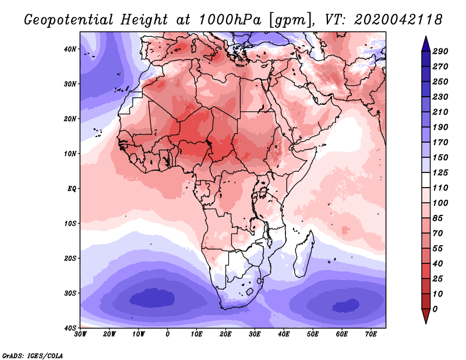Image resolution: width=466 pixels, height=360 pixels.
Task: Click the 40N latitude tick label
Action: tap(70, 49)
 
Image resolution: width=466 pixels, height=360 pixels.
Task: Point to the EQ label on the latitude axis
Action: tap(72, 189)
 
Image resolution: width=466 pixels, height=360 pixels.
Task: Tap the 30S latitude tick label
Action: tap(70, 293)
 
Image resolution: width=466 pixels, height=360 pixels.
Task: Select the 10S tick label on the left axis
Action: tap(70, 223)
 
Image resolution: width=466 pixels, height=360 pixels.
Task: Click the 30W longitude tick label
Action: tap(80, 334)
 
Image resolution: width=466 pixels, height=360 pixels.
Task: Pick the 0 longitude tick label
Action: tap(168, 334)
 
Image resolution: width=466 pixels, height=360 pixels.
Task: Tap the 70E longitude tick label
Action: tap(370, 334)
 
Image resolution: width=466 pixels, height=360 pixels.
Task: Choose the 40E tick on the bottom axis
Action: tap(284, 334)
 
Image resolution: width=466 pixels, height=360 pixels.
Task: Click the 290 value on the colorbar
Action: tap(440, 51)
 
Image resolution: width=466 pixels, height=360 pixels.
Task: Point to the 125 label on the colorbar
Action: tap(440, 172)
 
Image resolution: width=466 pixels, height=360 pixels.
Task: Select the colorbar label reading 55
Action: tap(438, 249)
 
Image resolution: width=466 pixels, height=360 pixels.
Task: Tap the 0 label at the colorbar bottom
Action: tap(435, 309)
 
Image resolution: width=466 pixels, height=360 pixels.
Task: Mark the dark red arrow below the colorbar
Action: tap(426, 315)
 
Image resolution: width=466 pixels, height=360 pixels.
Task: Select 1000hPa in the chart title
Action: tap(230, 20)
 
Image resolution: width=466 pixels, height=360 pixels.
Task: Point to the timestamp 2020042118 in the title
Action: tap(398, 20)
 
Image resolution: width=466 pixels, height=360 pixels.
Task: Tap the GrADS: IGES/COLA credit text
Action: tap(33, 355)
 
